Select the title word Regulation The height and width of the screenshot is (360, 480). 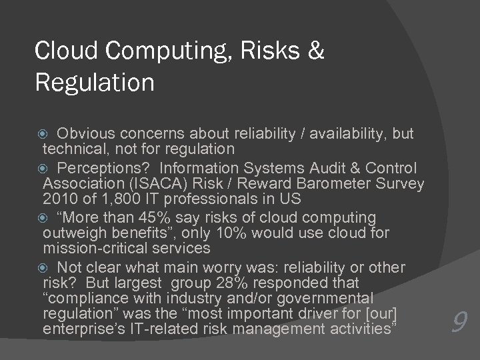[94, 84]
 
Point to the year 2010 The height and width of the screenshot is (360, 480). [59, 199]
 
